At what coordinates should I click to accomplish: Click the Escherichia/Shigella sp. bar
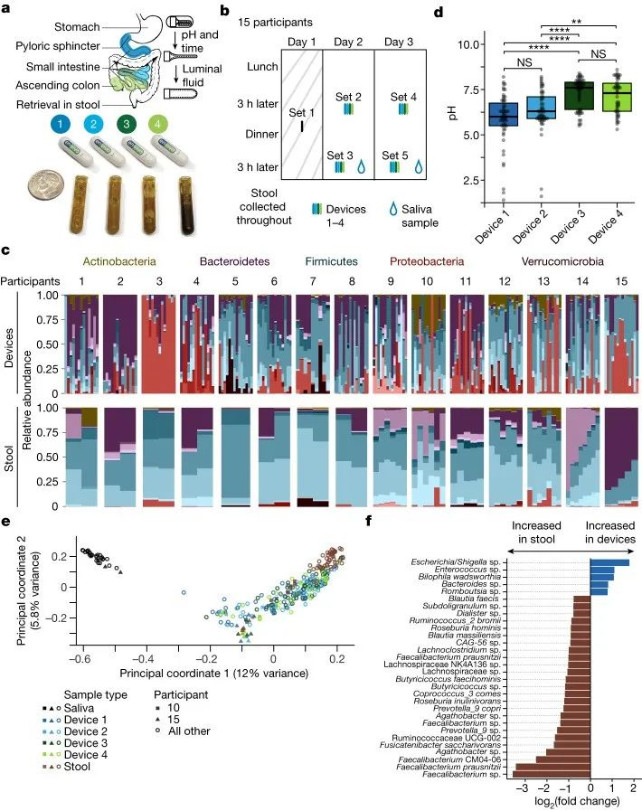[x=609, y=562]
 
